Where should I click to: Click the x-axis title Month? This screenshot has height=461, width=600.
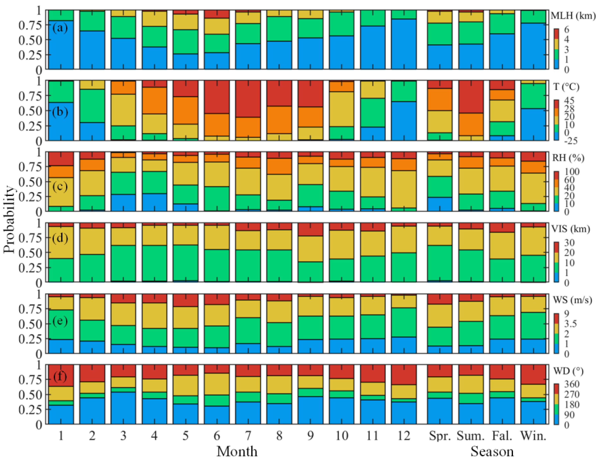[237, 451]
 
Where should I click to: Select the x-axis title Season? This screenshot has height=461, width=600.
[492, 451]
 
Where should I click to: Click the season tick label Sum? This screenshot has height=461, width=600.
[470, 436]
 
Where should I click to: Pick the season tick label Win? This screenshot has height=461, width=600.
[533, 436]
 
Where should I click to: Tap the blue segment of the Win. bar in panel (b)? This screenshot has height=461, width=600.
[533, 125]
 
